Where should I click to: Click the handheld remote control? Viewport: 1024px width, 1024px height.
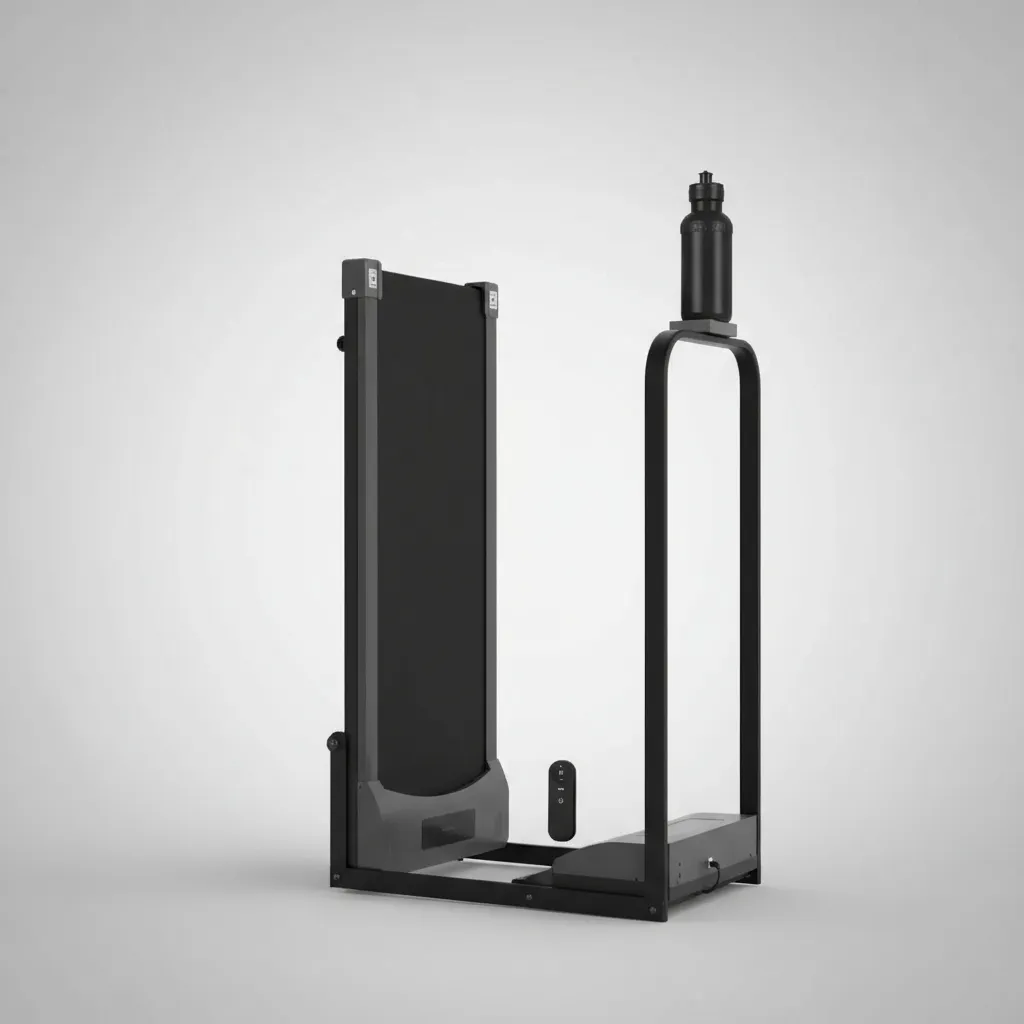point(562,799)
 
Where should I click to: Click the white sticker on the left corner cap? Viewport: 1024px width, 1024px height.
point(373,277)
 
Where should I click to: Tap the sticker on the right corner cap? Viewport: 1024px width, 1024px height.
point(492,298)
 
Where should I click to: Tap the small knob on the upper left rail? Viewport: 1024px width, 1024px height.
point(341,343)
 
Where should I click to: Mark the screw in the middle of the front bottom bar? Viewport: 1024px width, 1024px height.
point(527,897)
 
